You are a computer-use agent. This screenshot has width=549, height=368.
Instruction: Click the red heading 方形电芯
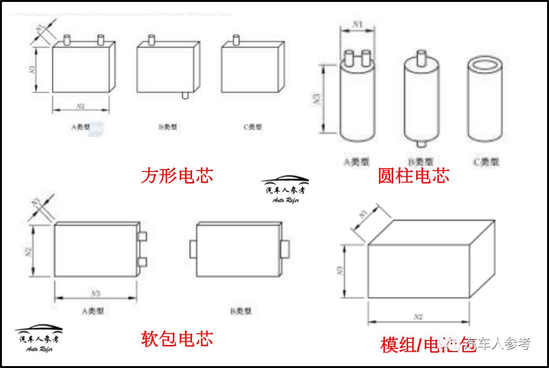(x=177, y=176)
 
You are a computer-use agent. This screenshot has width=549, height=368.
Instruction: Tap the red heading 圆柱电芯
(x=413, y=176)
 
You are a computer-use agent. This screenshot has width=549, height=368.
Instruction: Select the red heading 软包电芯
(x=177, y=339)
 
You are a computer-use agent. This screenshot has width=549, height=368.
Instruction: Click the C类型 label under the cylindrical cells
(x=485, y=162)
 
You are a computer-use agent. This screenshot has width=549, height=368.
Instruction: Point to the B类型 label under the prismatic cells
(x=167, y=127)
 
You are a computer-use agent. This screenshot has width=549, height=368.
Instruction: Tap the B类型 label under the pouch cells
(x=241, y=311)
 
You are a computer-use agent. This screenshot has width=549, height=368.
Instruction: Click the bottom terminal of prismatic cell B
(x=185, y=95)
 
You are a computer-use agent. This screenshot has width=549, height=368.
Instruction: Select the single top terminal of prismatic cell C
(x=236, y=39)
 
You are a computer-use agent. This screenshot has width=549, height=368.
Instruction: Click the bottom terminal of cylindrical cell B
(x=421, y=144)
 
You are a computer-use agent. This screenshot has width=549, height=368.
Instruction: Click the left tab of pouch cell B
(x=193, y=249)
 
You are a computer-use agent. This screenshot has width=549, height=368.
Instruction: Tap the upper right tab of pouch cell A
(x=142, y=237)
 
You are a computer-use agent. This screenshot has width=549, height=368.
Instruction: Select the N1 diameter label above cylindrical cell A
(x=357, y=23)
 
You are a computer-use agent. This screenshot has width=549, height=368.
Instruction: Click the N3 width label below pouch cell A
(x=95, y=293)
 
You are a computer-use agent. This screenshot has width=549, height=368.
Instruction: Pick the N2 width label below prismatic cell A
(x=80, y=105)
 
